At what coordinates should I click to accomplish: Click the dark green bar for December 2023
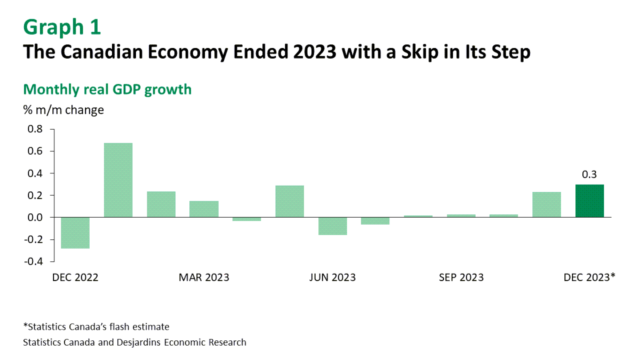[x=589, y=201]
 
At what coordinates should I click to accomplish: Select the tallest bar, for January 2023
[x=118, y=180]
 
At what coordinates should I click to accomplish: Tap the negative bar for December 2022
[x=75, y=233]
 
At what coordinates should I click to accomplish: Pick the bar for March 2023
[x=204, y=209]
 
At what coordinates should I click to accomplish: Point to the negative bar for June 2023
[x=332, y=226]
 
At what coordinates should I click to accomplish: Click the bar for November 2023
[x=547, y=205]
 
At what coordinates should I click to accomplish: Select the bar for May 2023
[x=290, y=202]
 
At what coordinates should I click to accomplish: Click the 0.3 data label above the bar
[x=589, y=174]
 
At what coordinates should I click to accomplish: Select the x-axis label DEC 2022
[x=75, y=277]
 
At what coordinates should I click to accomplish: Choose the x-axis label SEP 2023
[x=461, y=277]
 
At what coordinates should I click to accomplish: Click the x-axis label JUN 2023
[x=333, y=277]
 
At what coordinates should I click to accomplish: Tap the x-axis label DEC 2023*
[x=589, y=277]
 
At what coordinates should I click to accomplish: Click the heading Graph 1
[x=62, y=27]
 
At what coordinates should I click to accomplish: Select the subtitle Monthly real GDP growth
[x=107, y=89]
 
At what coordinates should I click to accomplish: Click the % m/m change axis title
[x=63, y=110]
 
